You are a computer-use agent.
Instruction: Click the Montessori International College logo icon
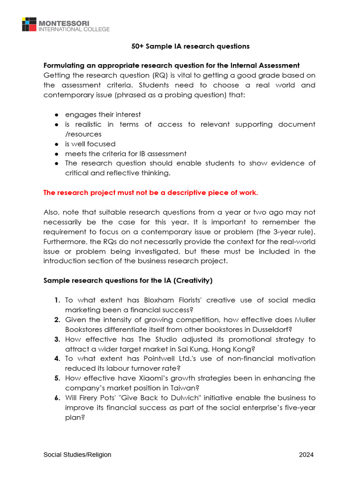click(x=29, y=24)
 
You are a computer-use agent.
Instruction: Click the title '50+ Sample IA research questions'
click(x=190, y=46)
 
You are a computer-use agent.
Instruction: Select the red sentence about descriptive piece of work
click(x=150, y=193)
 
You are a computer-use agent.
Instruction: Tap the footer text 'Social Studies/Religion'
click(x=77, y=455)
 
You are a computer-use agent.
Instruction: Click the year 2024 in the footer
click(x=307, y=455)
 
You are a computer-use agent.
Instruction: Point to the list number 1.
click(x=57, y=300)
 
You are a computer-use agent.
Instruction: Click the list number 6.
click(x=57, y=397)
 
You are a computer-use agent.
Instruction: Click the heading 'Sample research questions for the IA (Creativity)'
click(x=128, y=281)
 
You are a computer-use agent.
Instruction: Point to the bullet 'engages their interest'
click(x=103, y=114)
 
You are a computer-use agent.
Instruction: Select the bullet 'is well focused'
click(x=90, y=144)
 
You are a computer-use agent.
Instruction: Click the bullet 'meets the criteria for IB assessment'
click(x=126, y=154)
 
